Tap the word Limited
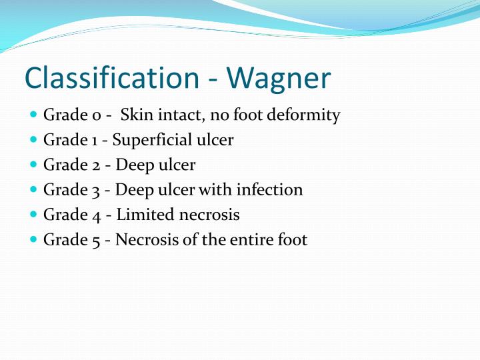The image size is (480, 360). [x=142, y=215]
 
